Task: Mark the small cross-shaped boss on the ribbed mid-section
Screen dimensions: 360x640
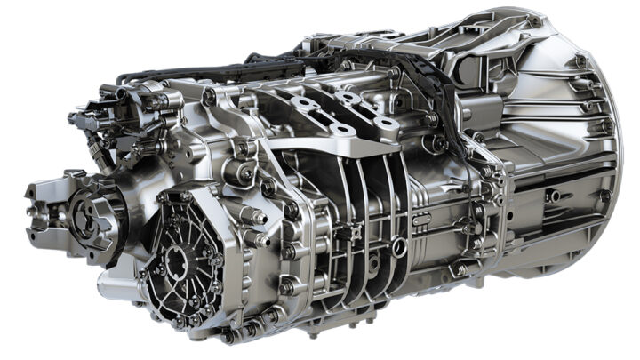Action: [x=356, y=233]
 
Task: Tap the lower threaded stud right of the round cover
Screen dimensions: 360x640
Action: [x=263, y=239]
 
